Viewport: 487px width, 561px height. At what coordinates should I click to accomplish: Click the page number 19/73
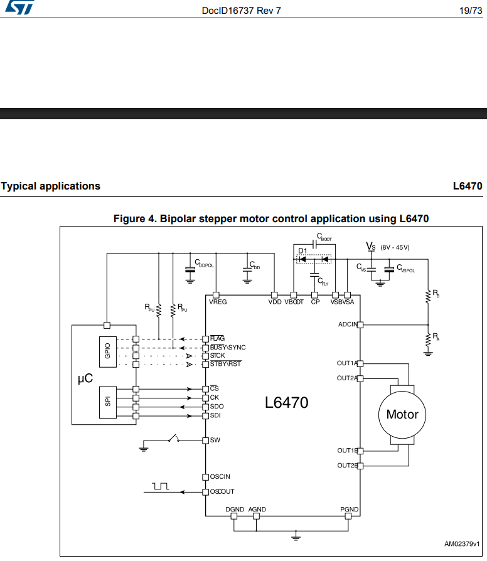click(471, 11)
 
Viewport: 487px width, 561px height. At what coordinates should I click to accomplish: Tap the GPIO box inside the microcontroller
click(108, 351)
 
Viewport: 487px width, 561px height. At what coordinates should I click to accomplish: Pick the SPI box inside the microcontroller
click(108, 402)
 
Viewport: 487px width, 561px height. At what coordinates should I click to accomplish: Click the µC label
click(85, 378)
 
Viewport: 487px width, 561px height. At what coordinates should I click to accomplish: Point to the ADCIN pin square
click(360, 325)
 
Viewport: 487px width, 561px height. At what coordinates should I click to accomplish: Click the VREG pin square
click(216, 295)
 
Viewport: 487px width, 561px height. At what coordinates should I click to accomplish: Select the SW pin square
click(205, 441)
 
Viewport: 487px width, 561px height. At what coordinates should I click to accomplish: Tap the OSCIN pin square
click(205, 477)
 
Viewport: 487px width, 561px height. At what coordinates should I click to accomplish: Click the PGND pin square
click(348, 516)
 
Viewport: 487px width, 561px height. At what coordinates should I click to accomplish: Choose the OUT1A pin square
click(360, 363)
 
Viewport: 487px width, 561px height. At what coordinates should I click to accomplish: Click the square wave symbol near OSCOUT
click(160, 486)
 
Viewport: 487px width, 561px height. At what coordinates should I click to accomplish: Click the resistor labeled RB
click(428, 297)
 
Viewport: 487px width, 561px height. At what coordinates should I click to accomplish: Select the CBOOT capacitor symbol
click(314, 244)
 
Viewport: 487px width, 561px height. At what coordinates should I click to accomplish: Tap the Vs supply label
click(371, 247)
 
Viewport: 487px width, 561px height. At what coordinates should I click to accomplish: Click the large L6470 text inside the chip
click(286, 402)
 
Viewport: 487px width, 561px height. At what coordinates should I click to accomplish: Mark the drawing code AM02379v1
click(462, 544)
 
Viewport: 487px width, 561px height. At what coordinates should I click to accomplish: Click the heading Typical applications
click(50, 186)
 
